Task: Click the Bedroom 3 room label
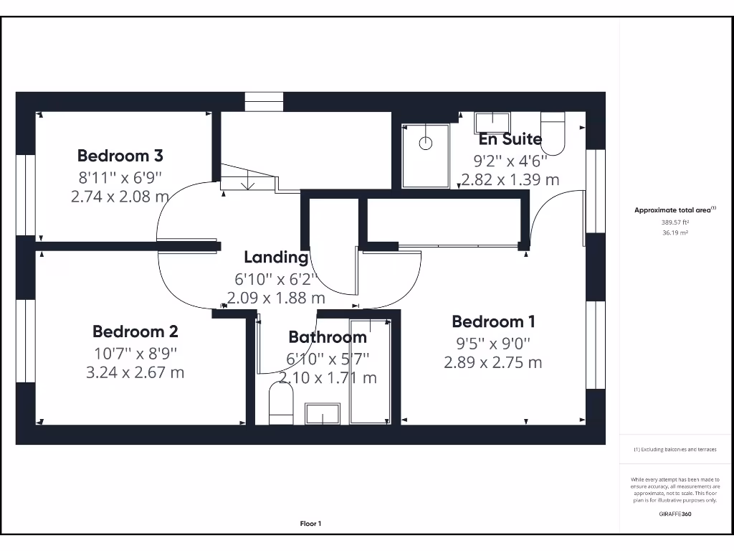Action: coord(120,155)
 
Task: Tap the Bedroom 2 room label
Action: coord(135,331)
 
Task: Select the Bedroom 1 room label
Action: coord(493,321)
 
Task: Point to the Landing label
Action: coord(276,257)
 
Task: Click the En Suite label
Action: coord(510,138)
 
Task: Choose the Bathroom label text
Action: coord(328,336)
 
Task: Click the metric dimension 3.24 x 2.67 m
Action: coord(135,372)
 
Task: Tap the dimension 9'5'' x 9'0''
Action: coord(493,343)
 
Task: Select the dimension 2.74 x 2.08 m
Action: coord(120,196)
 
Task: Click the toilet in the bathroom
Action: coord(281,404)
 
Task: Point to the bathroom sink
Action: coord(323,413)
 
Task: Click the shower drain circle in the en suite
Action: coord(426,143)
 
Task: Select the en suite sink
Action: coord(492,122)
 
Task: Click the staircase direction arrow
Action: coord(248,184)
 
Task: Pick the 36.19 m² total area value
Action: coord(675,232)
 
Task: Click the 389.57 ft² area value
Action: coord(675,222)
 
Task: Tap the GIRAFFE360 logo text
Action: coord(675,514)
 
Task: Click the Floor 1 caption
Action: coord(310,524)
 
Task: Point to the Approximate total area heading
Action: coord(674,210)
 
